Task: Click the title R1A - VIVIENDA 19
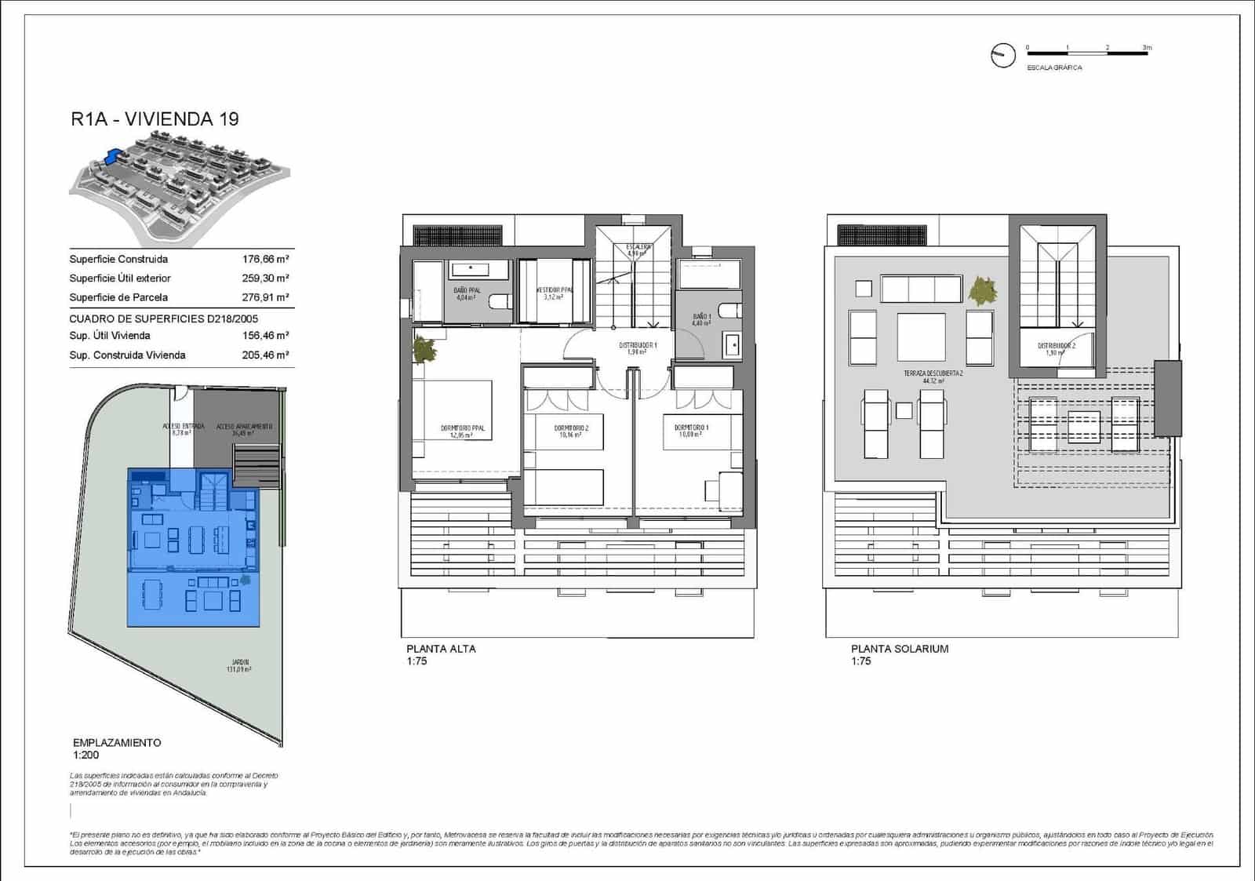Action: coord(155,119)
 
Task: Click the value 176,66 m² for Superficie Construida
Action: coord(265,259)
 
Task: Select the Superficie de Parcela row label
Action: coord(118,297)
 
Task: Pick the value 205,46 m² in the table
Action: coord(265,355)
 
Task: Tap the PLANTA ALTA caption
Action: coord(441,649)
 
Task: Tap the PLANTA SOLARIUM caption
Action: coord(900,649)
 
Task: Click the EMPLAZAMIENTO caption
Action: coord(117,742)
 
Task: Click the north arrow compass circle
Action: coord(1002,55)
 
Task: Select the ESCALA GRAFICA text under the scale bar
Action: coord(1054,67)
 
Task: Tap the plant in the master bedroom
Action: coord(424,349)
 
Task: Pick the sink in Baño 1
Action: coord(733,345)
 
